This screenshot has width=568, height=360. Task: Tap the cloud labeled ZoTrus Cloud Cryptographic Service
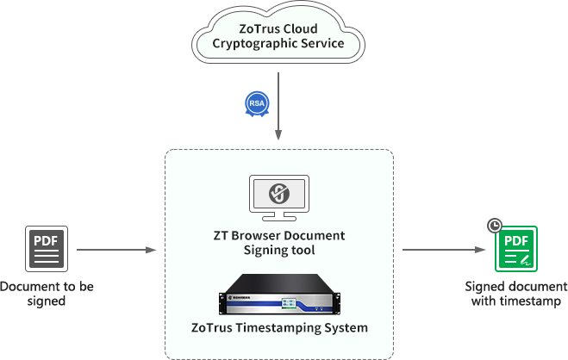pos(278,35)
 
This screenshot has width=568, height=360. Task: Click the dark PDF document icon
pos(47,249)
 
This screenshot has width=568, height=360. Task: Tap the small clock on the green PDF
pos(494,226)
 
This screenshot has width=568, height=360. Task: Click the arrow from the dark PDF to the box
pos(115,250)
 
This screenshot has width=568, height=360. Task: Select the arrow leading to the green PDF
pos(442,250)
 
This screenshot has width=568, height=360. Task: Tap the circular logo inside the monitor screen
pos(278,192)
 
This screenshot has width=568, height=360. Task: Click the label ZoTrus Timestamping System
pos(278,328)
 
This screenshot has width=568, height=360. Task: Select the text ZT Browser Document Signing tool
pos(278,243)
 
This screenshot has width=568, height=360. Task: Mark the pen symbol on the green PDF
pos(525,258)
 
